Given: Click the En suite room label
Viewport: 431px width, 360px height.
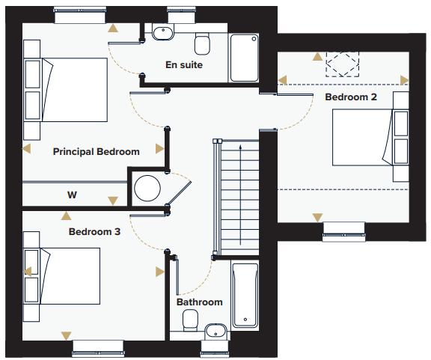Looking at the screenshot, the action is [184, 65].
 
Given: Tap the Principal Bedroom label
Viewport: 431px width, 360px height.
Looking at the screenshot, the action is [97, 151].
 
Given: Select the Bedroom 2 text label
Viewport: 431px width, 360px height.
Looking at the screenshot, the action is [351, 97].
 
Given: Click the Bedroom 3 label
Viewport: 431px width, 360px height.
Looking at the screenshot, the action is [94, 231].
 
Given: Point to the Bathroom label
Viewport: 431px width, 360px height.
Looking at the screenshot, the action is [200, 302].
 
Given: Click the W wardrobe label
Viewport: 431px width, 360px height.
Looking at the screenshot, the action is [72, 195].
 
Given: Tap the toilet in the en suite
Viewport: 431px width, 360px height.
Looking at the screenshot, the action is [202, 44].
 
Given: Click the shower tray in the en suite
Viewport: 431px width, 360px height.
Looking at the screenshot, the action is [244, 58].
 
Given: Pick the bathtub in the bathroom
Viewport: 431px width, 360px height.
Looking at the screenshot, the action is [245, 295].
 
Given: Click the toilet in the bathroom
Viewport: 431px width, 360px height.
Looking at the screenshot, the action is [191, 320].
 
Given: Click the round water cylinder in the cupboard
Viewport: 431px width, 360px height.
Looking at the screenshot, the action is [147, 189].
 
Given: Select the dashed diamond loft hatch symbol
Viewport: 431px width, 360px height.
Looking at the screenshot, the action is [343, 64].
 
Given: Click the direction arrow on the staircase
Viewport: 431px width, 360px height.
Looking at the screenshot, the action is [240, 195].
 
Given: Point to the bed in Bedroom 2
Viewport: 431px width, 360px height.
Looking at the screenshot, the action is [363, 138].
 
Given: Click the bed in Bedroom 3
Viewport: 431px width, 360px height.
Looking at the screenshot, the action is [70, 276].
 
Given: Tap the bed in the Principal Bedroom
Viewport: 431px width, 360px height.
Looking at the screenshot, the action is [74, 90].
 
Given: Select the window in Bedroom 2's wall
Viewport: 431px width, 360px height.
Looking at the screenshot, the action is [344, 231].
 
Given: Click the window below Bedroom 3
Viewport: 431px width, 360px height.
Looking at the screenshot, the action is [98, 349].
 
